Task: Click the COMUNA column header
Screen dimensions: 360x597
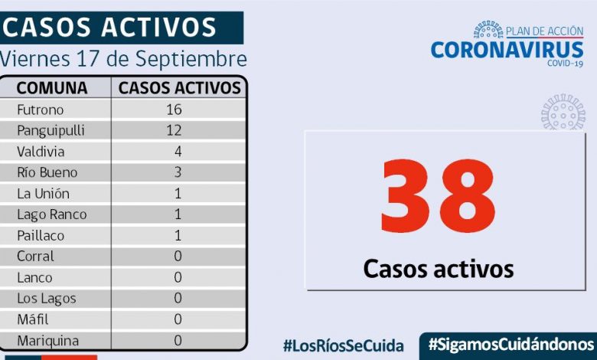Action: pos(52,88)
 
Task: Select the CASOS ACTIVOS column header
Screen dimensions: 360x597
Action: pos(180,88)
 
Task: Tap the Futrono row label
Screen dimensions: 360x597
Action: pos(40,110)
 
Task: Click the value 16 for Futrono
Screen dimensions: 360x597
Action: pos(174,110)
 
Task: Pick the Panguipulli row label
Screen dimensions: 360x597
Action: pos(51,131)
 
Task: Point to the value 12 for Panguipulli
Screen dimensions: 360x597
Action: pos(174,131)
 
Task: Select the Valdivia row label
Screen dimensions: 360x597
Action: pos(41,152)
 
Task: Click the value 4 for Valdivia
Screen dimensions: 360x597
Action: pos(178,152)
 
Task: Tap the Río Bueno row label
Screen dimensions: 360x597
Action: pos(47,172)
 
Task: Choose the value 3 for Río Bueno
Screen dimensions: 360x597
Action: pos(178,172)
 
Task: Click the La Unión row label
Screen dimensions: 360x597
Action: pos(43,194)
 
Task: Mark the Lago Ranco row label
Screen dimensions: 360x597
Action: pos(51,214)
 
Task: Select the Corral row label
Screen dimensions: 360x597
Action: pos(35,257)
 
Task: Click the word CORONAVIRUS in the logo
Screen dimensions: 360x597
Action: pos(507,50)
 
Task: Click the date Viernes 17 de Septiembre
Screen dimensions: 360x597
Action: pos(124,59)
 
